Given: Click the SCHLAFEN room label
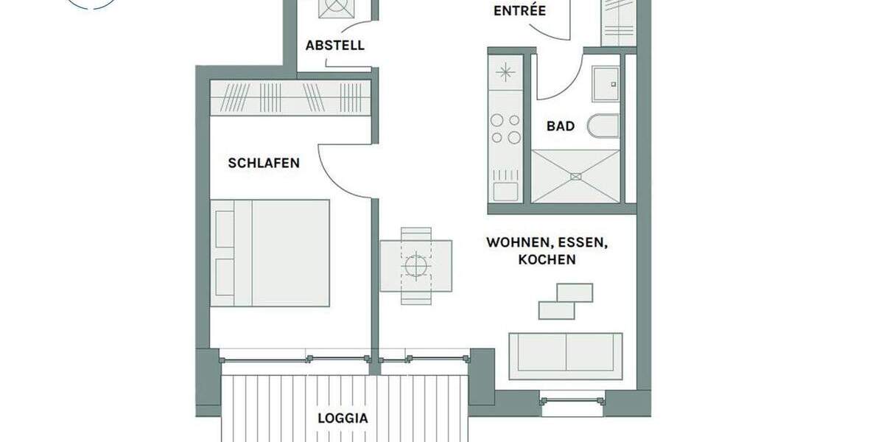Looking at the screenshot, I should (264, 163).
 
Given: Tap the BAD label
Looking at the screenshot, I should (560, 126).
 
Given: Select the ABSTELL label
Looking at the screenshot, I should (334, 45).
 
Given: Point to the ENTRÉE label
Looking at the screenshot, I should (519, 10).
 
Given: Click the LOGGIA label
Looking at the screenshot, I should (343, 418).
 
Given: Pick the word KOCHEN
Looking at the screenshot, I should (547, 259).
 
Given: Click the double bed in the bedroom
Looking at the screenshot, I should (270, 252).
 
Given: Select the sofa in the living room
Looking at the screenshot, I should (565, 356).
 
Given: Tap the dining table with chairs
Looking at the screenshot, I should (416, 265).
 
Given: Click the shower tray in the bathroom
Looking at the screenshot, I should (575, 176).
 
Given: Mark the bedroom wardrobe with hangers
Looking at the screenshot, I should (290, 97).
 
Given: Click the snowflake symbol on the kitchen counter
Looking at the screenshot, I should (505, 72).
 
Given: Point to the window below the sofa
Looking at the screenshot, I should (572, 401).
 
